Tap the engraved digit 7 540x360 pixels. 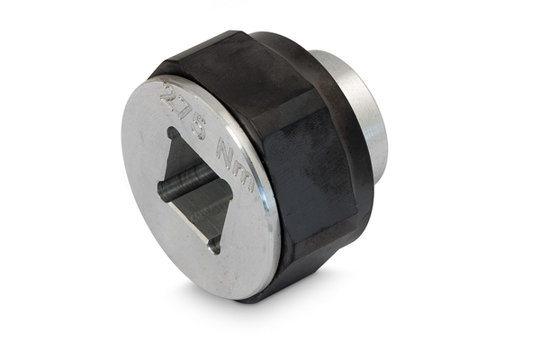point(182,111)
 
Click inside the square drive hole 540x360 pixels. point(193,189)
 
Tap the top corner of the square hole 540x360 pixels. point(171,130)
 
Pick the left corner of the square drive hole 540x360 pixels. point(160,187)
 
